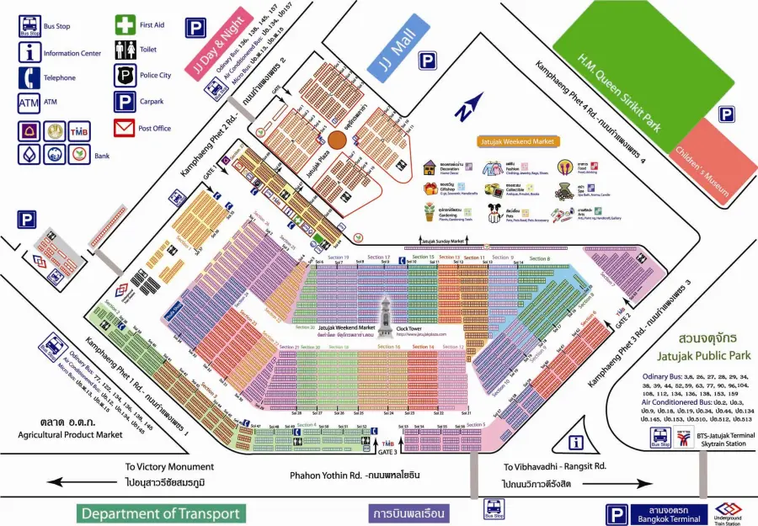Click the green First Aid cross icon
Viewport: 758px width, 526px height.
coord(125,26)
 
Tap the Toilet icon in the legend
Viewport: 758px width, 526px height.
coord(125,50)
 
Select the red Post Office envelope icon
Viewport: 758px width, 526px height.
coord(125,128)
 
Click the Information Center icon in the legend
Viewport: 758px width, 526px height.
coord(29,52)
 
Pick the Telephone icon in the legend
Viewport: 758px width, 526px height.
coord(29,77)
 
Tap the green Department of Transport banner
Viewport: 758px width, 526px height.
coord(160,513)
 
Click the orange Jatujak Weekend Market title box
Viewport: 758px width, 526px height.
coord(515,142)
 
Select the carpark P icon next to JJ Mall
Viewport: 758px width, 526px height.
coord(427,60)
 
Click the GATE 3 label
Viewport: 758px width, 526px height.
coord(387,452)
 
